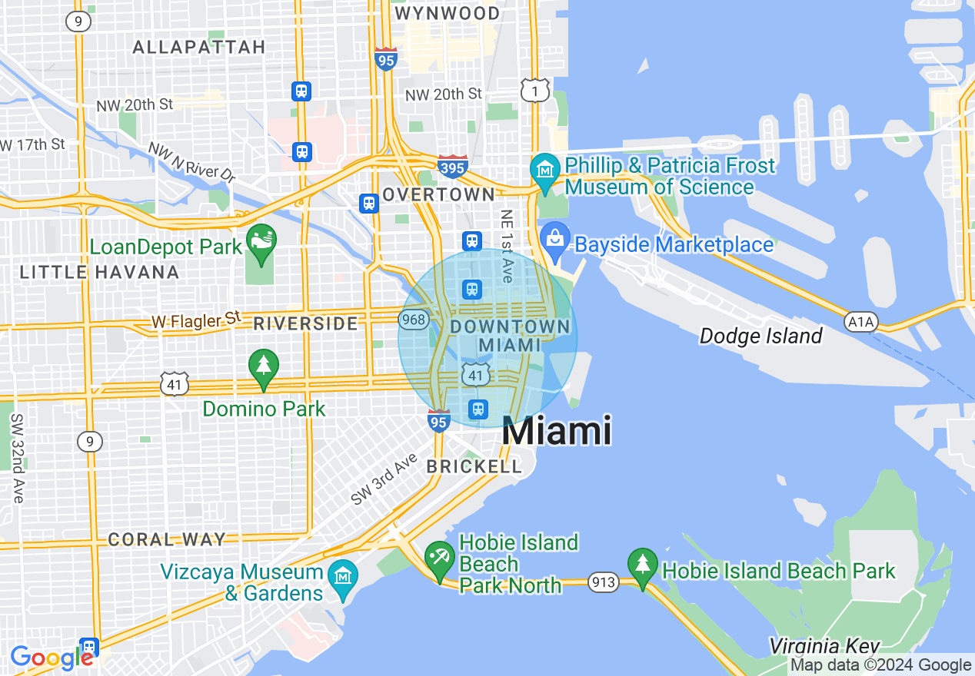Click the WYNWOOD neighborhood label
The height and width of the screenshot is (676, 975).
[x=447, y=13]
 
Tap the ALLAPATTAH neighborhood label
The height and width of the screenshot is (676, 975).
[x=199, y=47]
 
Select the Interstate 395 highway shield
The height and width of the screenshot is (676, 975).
[x=453, y=166]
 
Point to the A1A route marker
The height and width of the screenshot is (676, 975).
[x=861, y=322]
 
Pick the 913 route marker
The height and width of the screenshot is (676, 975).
[x=604, y=582]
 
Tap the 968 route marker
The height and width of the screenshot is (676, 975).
[x=414, y=319]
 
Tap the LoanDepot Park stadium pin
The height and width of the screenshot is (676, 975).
[x=261, y=244]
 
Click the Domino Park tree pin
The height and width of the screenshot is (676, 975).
[x=264, y=367]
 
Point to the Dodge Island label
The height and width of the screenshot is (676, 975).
[x=760, y=336]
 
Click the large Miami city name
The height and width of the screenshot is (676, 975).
[x=557, y=431]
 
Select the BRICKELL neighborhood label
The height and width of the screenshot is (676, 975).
[x=474, y=466]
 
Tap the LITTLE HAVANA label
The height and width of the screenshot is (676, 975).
[x=99, y=272]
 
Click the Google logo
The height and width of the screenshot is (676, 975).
[x=51, y=658]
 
